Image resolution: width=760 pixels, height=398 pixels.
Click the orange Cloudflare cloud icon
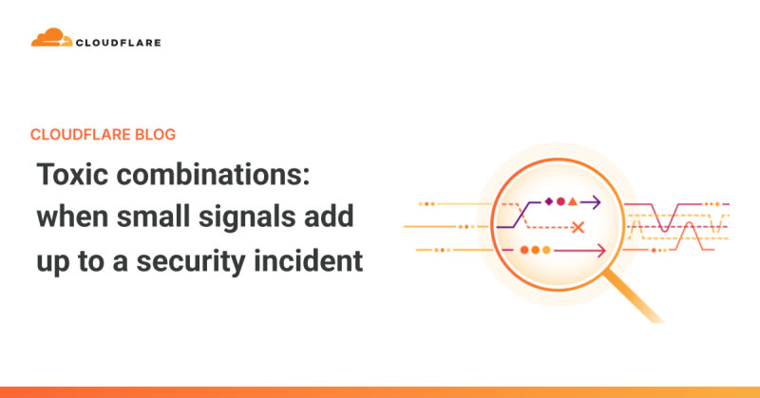tap(51, 37)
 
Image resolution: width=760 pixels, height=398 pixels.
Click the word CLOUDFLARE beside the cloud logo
tap(118, 43)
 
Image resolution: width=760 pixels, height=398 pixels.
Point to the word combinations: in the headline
tap(213, 174)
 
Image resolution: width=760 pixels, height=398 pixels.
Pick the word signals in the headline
tap(247, 218)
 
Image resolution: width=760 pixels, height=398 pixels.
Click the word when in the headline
tap(73, 217)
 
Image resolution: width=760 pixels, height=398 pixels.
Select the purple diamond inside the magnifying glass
tap(549, 201)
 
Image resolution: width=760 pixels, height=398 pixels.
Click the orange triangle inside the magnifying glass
tap(573, 201)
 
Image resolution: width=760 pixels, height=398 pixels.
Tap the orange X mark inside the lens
tap(578, 227)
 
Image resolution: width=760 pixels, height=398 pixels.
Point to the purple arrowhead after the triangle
tap(597, 201)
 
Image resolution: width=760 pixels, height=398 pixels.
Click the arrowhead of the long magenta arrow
tap(601, 251)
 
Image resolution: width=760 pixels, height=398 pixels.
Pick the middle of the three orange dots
tap(535, 250)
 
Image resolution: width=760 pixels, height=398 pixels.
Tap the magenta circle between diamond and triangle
tap(560, 201)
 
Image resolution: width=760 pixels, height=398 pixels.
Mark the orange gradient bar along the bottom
tap(380, 392)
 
